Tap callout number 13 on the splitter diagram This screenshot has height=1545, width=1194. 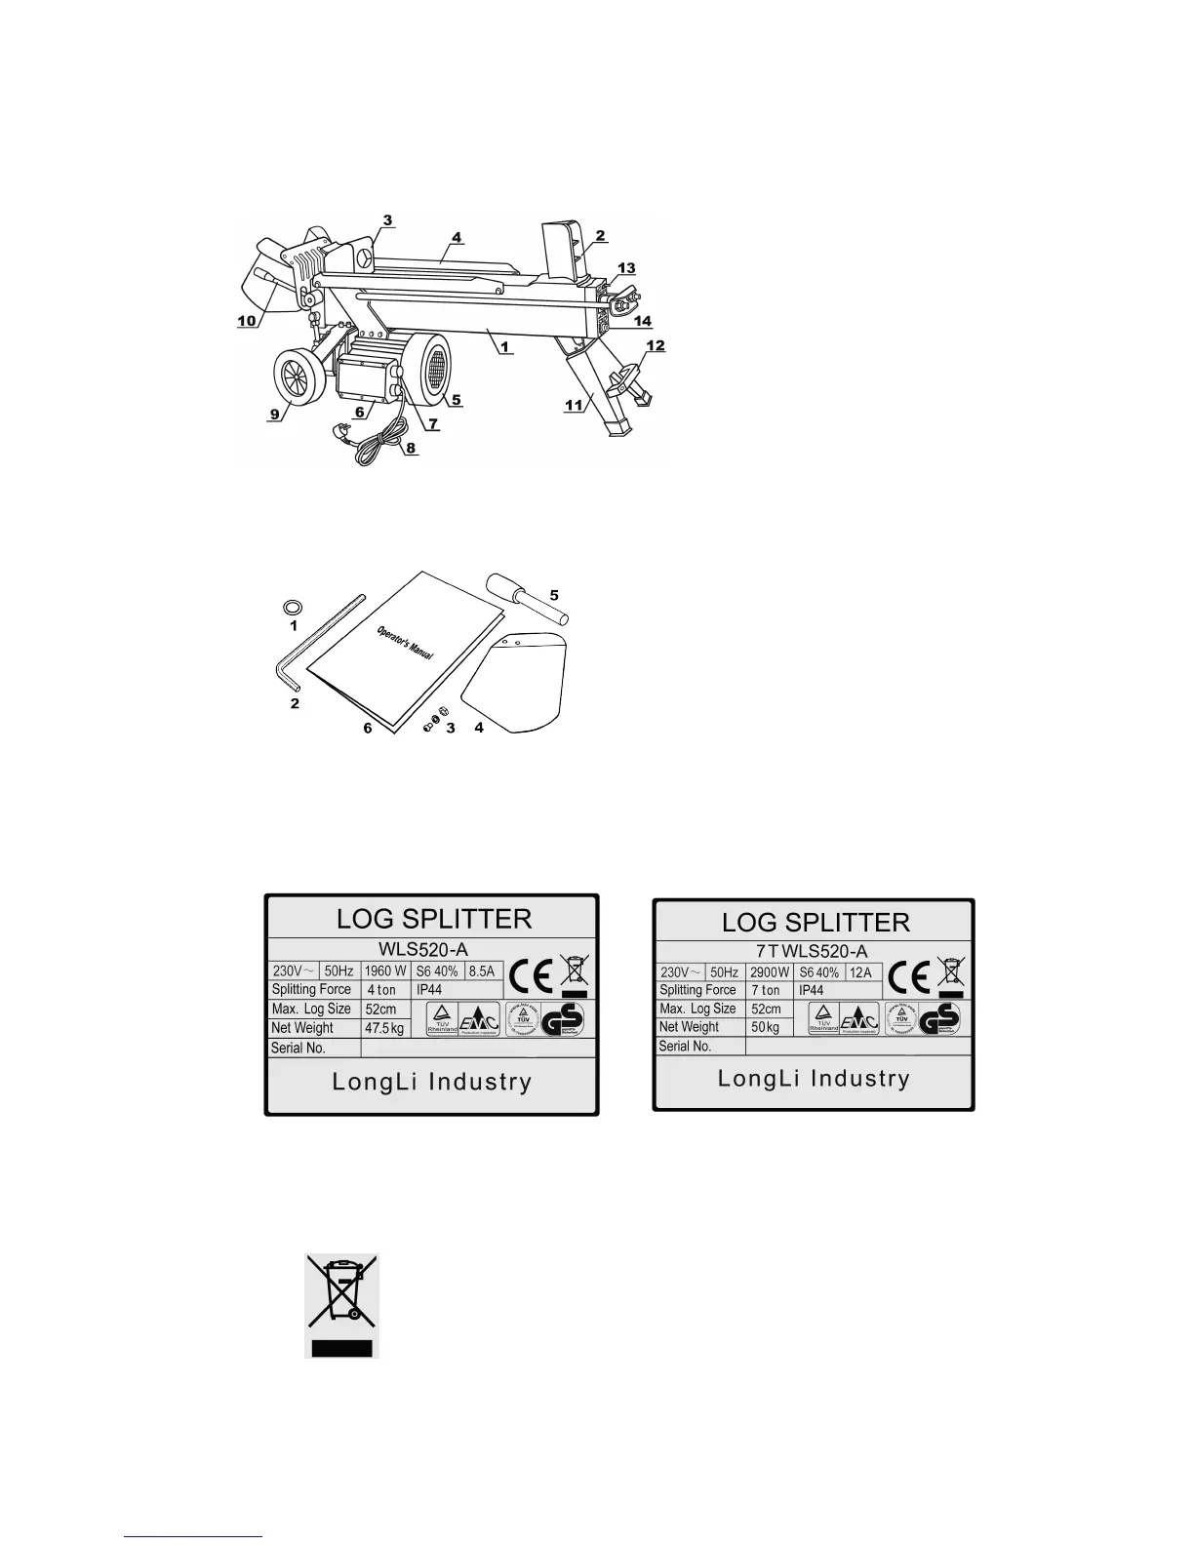[626, 268]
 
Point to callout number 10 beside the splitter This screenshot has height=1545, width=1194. [247, 321]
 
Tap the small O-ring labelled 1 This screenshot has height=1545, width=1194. [292, 607]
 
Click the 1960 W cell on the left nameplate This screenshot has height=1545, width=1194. [386, 971]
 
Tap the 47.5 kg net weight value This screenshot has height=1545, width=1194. [384, 1028]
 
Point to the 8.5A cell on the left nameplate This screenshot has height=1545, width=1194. [482, 971]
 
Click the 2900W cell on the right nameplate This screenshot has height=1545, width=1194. [769, 972]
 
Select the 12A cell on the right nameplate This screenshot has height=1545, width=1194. [861, 972]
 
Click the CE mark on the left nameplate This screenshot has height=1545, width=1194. [533, 976]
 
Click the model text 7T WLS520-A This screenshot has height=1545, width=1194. [813, 951]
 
